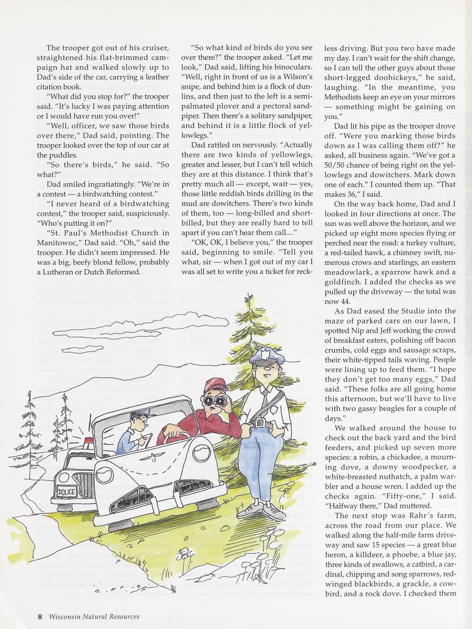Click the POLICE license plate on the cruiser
[65, 492]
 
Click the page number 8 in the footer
[40, 617]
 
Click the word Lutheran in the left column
[62, 272]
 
